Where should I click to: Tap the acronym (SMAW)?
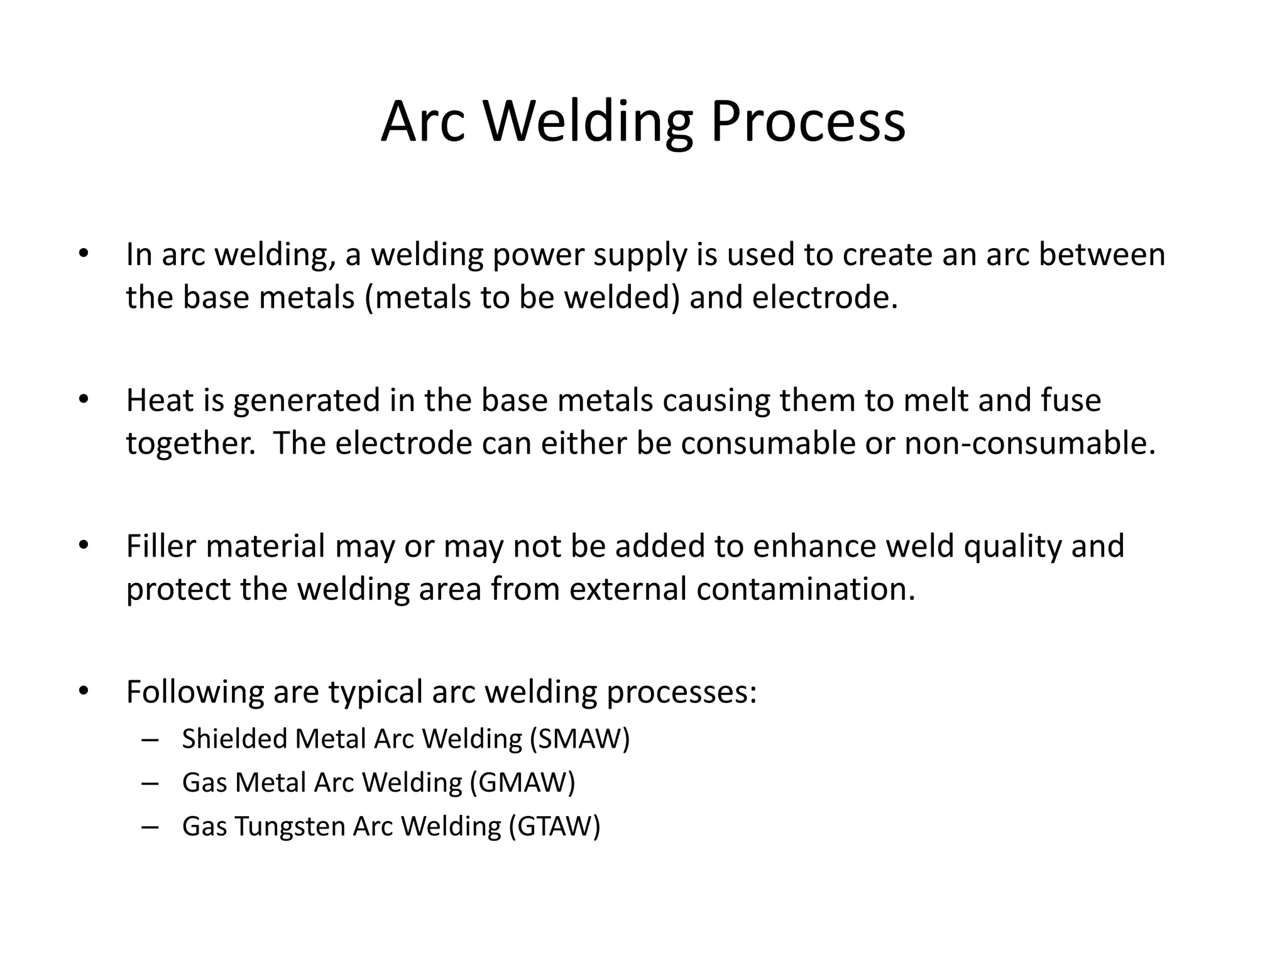coord(579,739)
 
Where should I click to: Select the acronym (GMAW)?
coord(522,783)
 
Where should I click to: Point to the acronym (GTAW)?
coord(554,826)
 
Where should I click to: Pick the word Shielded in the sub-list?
coord(234,739)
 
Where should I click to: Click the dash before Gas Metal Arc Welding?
coord(150,783)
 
